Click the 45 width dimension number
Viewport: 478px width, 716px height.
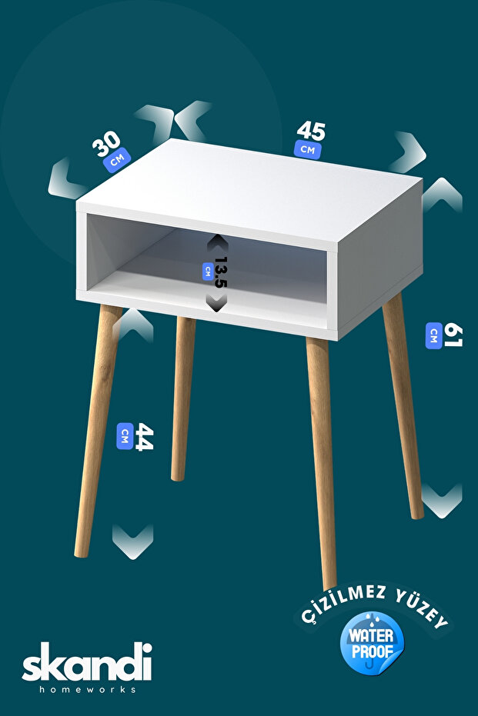click(311, 131)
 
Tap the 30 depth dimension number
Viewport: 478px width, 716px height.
click(106, 144)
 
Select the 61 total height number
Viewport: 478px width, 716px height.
click(453, 335)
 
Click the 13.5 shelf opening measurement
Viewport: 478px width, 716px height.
click(221, 272)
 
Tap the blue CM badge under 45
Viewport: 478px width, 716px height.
click(308, 149)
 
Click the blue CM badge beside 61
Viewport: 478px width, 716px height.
click(433, 335)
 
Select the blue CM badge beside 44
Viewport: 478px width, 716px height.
click(125, 436)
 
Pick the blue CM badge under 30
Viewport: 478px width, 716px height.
click(117, 160)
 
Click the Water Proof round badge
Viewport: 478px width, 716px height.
click(372, 643)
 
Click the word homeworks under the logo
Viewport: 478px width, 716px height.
click(87, 689)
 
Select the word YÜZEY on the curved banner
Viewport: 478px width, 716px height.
click(423, 608)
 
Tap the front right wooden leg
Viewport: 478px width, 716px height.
click(322, 464)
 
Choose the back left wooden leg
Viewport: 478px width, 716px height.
click(182, 398)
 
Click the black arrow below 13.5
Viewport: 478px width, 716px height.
click(216, 302)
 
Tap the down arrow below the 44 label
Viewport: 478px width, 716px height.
click(132, 541)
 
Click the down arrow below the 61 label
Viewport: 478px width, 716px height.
click(442, 501)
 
